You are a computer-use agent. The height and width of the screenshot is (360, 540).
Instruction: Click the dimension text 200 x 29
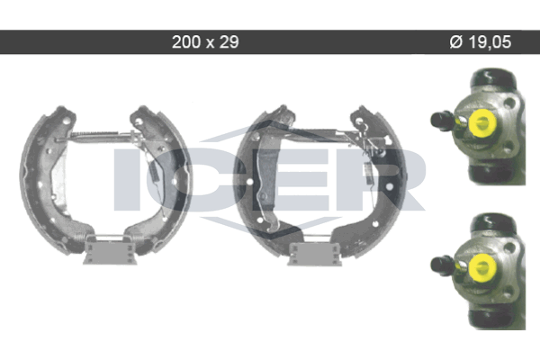click(x=205, y=42)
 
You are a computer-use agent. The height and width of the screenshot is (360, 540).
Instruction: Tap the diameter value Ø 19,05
click(x=481, y=42)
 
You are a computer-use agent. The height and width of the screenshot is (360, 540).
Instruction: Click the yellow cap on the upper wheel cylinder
click(x=481, y=122)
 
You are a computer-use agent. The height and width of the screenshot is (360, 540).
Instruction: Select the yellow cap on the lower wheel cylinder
click(x=481, y=267)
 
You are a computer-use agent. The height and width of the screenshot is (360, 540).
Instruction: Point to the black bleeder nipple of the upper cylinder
click(x=442, y=121)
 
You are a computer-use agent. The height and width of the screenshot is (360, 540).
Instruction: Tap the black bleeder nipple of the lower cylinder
click(x=442, y=265)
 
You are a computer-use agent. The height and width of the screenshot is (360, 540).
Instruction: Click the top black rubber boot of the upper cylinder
click(x=493, y=78)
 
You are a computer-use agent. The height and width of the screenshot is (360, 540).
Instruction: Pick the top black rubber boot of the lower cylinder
click(x=493, y=223)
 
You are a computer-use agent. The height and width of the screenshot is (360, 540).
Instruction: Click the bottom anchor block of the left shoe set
click(x=110, y=251)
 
